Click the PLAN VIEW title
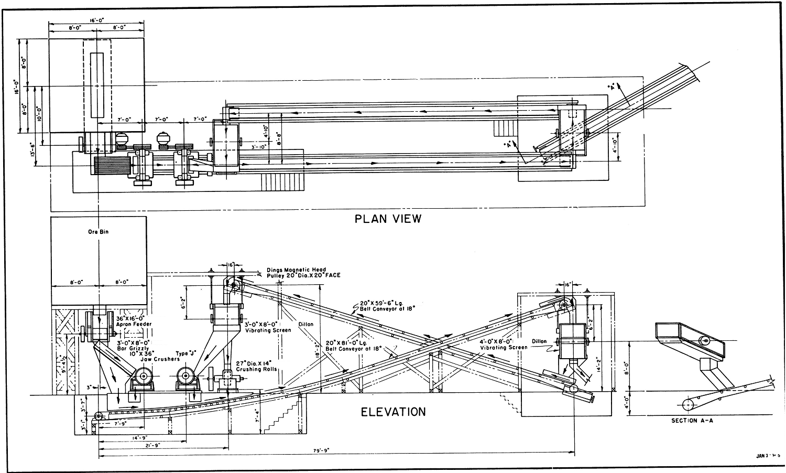point(388,219)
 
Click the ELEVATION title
point(393,412)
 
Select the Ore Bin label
point(98,231)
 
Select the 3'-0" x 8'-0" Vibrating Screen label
point(268,327)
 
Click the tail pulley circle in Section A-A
point(687,404)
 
